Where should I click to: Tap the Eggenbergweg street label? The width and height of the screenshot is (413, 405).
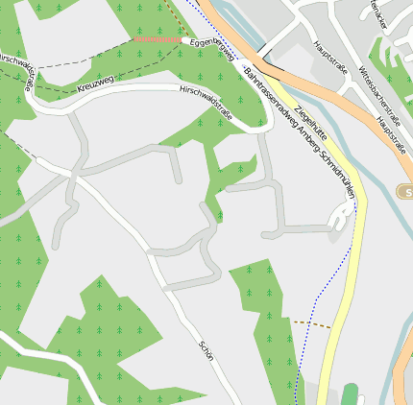[213, 46]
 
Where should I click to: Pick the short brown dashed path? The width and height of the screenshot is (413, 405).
[310, 323]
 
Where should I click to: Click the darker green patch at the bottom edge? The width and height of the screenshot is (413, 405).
[349, 395]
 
